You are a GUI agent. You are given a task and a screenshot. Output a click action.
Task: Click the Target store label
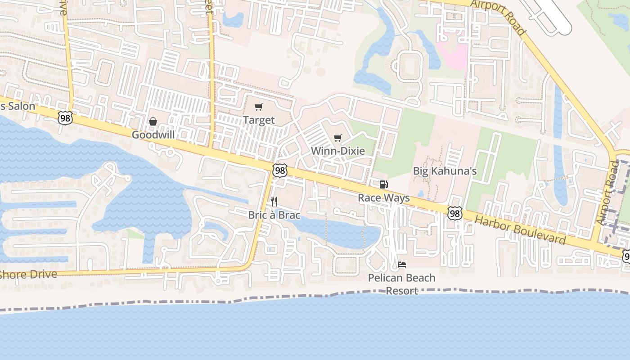click(259, 120)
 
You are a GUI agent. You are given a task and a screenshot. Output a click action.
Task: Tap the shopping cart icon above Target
click(258, 107)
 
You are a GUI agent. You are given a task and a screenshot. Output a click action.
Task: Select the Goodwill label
click(153, 135)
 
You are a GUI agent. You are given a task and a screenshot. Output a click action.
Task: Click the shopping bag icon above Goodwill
click(153, 121)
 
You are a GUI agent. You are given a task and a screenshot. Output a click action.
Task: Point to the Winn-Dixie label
click(338, 151)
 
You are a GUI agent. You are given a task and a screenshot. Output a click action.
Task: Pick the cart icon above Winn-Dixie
click(338, 138)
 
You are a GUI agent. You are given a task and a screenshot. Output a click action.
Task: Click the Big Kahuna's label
click(445, 171)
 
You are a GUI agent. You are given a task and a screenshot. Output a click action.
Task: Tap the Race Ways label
click(384, 198)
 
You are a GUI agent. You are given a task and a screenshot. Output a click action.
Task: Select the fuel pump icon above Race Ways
click(383, 184)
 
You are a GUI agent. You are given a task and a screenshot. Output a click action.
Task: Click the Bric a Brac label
click(274, 215)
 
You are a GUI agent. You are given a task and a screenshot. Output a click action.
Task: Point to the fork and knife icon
click(274, 201)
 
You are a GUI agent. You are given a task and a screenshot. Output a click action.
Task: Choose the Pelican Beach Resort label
click(402, 284)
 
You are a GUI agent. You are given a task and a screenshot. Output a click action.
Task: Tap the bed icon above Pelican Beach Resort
click(402, 265)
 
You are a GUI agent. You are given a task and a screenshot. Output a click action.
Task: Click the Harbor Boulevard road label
click(520, 229)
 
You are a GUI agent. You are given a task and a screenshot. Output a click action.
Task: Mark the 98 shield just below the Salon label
click(65, 118)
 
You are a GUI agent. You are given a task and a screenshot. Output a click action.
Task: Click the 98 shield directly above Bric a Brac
click(280, 170)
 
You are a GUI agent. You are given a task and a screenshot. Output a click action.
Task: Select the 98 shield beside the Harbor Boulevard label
click(454, 213)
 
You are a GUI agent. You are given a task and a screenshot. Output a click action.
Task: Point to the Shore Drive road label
click(28, 274)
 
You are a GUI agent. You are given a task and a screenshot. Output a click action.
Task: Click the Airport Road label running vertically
click(608, 192)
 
